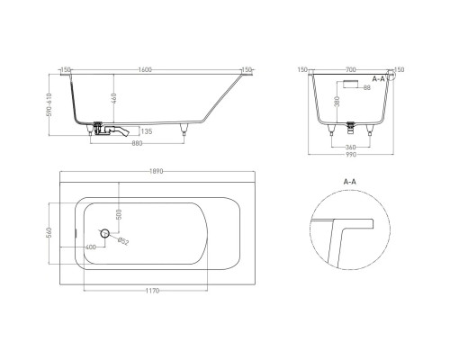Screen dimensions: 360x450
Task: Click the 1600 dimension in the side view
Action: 145,69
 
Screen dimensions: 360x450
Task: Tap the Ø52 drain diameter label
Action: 123,242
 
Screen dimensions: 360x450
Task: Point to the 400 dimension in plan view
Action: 91,247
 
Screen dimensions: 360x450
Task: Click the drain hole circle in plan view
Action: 105,234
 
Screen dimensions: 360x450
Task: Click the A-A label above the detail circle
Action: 349,182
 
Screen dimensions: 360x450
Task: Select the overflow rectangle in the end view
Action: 349,81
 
